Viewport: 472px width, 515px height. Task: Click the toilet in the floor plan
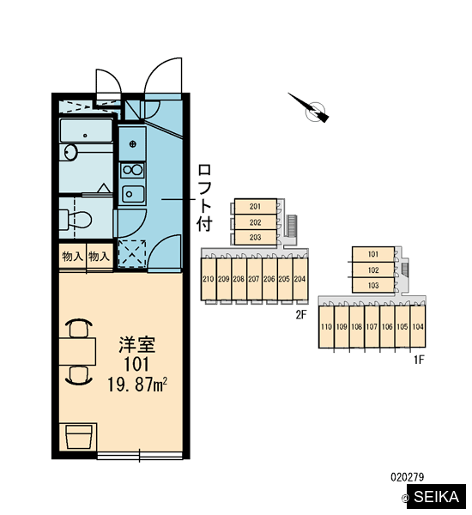coord(76,219)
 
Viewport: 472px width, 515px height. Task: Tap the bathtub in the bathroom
coord(86,130)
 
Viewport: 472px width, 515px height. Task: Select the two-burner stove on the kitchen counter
coord(132,170)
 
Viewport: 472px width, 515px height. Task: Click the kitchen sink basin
coord(133,194)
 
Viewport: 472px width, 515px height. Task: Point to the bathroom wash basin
coord(70,152)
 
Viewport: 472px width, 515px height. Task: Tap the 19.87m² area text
coord(137,385)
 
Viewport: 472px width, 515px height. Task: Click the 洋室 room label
coord(136,344)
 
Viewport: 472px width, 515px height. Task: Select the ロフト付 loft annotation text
coord(204,197)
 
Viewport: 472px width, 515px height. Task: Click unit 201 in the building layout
coord(255,207)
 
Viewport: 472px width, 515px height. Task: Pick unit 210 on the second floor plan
coord(209,279)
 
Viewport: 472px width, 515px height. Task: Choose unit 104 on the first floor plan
coord(418,326)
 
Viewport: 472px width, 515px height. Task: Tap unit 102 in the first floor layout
coord(373,270)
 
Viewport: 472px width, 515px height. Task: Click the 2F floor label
coord(301,315)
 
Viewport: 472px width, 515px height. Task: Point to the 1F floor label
coord(419,360)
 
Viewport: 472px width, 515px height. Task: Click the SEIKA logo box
coord(436,497)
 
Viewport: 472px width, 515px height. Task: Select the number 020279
coord(408,476)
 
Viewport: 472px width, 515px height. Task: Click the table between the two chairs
coord(77,351)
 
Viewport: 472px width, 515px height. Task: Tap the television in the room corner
coord(78,437)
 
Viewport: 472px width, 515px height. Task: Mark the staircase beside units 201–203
coord(292,226)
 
